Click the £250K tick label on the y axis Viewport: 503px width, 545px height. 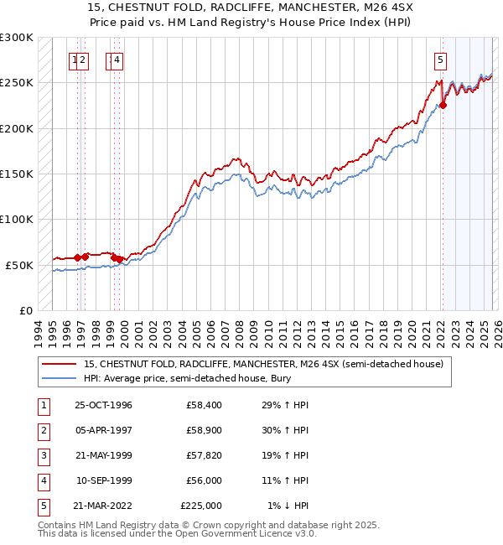[17, 83]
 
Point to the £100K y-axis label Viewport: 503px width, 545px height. [17, 220]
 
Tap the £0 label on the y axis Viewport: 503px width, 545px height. [25, 311]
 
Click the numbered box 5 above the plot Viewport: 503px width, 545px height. [440, 60]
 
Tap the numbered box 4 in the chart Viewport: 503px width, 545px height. [117, 60]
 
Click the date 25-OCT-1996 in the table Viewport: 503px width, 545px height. [103, 405]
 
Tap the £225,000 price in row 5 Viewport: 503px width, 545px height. [201, 506]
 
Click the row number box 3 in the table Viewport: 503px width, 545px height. [41, 455]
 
